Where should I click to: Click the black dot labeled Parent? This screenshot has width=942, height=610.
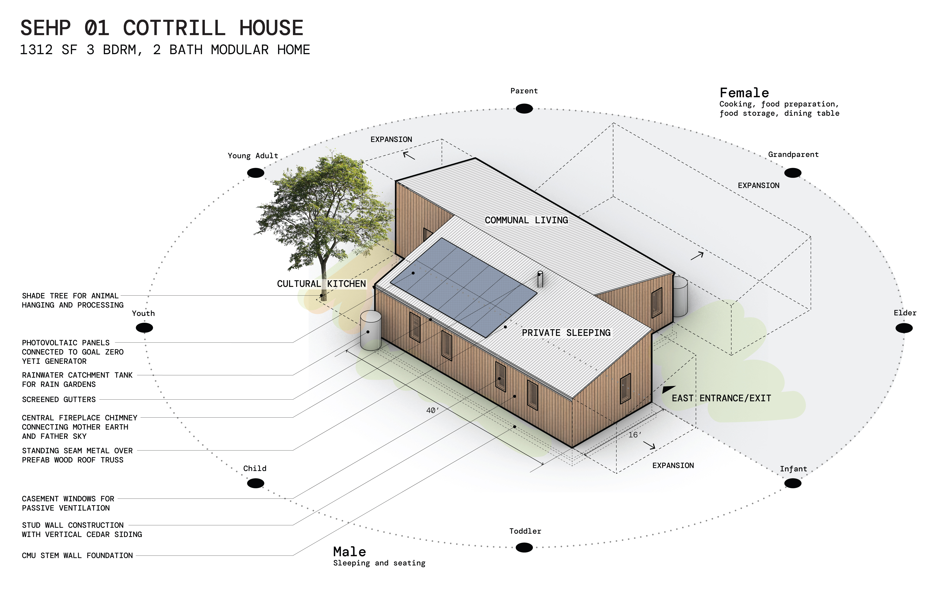524,109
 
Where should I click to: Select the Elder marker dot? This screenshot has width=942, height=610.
904,328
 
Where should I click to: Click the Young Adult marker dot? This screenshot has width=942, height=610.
256,173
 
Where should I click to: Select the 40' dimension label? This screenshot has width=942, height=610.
432,410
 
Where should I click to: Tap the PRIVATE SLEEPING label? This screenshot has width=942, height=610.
566,333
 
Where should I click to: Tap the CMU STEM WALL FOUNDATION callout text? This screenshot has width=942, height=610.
77,555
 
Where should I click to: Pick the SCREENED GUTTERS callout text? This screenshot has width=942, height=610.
59,399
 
